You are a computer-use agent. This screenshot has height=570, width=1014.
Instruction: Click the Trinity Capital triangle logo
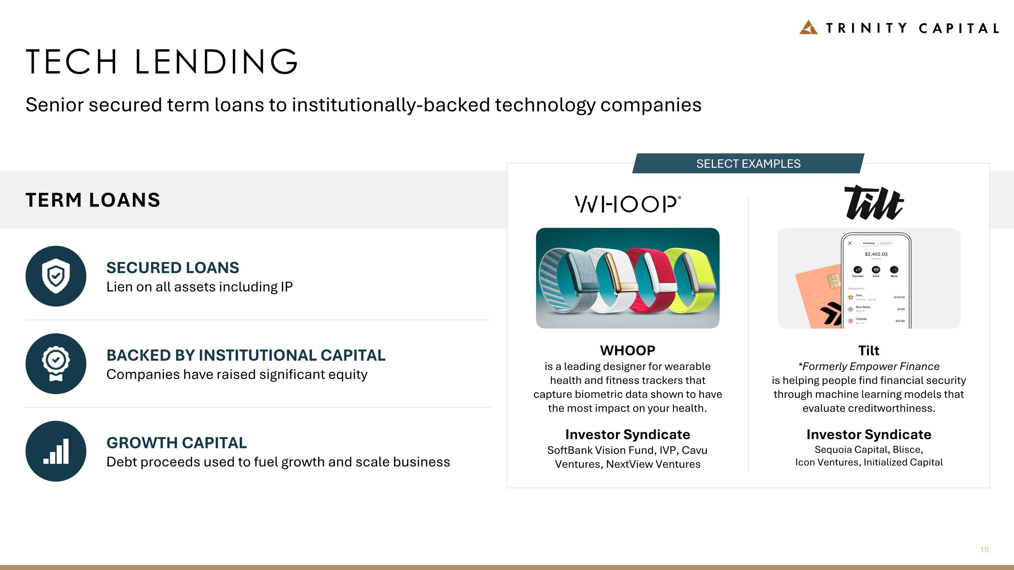pyautogui.click(x=808, y=27)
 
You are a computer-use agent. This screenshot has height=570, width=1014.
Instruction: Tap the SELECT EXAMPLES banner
pyautogui.click(x=748, y=164)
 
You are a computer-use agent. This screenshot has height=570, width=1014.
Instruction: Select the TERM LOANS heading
pyautogui.click(x=93, y=200)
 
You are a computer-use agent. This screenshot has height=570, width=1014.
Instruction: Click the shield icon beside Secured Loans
pyautogui.click(x=56, y=276)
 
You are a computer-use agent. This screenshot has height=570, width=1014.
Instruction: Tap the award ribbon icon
pyautogui.click(x=56, y=364)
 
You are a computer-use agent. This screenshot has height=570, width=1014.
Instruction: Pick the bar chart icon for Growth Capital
pyautogui.click(x=56, y=451)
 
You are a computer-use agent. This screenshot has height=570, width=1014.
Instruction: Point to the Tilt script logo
pyautogui.click(x=874, y=203)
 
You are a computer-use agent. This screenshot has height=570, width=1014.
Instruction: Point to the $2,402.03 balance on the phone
pyautogui.click(x=876, y=254)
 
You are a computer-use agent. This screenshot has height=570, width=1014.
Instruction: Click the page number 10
pyautogui.click(x=984, y=549)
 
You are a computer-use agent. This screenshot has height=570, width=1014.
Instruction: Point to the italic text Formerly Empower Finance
pyautogui.click(x=870, y=367)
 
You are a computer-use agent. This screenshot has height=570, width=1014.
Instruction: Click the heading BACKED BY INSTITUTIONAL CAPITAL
pyautogui.click(x=246, y=355)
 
